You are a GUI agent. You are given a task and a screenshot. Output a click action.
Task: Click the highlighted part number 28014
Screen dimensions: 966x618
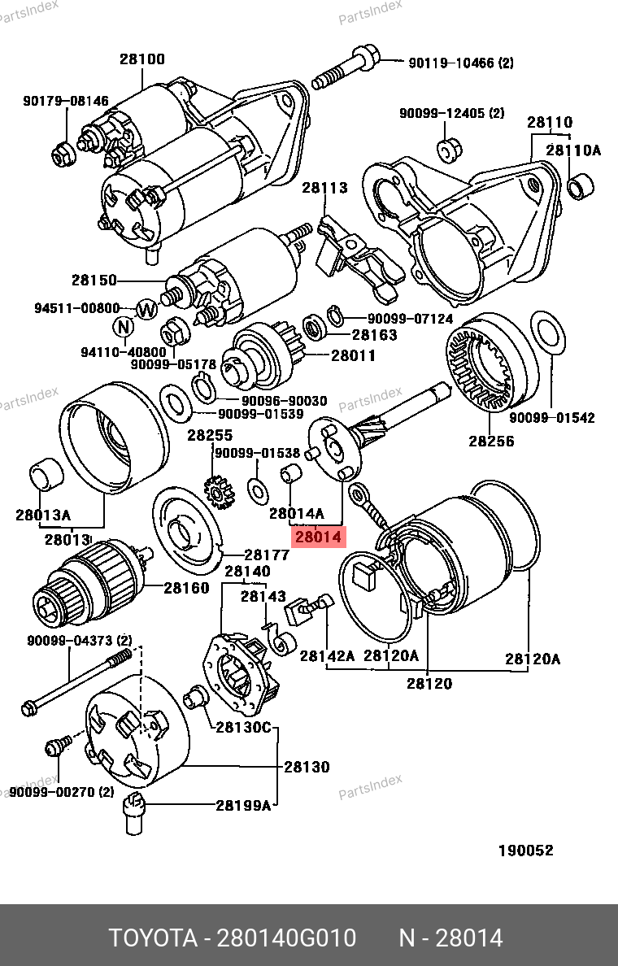click(x=319, y=537)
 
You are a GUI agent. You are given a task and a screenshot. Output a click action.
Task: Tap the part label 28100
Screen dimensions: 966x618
click(x=142, y=59)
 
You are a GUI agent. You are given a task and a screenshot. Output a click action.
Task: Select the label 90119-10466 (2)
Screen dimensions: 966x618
click(x=450, y=63)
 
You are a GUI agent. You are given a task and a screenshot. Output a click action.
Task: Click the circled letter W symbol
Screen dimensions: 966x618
click(x=146, y=309)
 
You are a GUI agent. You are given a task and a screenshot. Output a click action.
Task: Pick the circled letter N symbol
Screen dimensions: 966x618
click(x=123, y=327)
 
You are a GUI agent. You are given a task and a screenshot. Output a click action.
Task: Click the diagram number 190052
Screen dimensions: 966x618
click(x=525, y=851)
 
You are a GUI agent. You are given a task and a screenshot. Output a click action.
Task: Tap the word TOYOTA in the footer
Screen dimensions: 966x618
click(x=154, y=938)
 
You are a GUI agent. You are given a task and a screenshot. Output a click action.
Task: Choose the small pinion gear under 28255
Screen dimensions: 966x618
click(x=220, y=492)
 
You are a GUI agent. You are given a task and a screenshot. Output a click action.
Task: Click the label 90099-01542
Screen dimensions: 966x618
click(x=552, y=418)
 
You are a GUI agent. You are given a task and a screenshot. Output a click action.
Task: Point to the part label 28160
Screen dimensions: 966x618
click(x=186, y=587)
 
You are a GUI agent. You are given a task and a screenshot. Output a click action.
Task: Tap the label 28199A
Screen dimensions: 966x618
click(x=243, y=806)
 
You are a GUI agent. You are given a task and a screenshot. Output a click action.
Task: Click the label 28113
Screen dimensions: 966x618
click(x=324, y=188)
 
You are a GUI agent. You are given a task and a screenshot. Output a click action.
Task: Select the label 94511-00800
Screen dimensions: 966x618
click(x=77, y=309)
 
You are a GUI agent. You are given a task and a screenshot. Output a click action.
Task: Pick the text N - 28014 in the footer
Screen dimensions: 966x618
click(x=450, y=938)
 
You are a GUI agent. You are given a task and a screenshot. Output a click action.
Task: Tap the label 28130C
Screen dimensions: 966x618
click(x=243, y=728)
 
